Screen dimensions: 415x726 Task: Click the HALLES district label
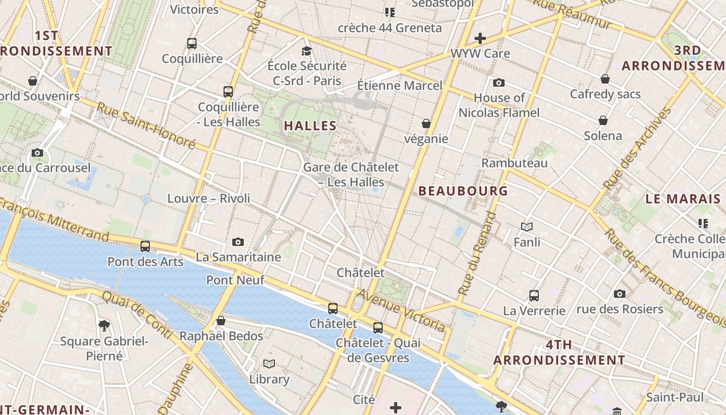point(311,126)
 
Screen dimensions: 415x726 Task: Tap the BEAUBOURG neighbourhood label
point(463,191)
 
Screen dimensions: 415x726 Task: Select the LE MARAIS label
point(683,199)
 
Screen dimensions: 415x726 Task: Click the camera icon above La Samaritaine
point(238,242)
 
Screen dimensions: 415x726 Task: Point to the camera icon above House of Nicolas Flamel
point(499,83)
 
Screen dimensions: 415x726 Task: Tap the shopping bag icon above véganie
point(426,123)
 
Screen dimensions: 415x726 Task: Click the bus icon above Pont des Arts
point(145,246)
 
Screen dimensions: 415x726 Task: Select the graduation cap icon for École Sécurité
point(307,51)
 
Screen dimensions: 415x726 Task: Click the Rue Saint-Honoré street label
point(146,126)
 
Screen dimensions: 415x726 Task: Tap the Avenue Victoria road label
point(401,310)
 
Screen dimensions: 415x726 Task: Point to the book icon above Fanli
point(527,227)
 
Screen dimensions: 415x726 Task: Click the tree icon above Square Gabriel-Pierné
point(104,326)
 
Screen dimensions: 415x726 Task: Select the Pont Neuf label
point(235,280)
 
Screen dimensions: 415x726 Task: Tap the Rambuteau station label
point(514,163)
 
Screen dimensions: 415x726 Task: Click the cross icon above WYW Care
point(480,38)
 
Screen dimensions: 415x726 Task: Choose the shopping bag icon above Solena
point(603,121)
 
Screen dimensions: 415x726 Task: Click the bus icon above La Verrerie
point(534,296)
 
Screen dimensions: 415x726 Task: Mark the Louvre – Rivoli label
point(208,198)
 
